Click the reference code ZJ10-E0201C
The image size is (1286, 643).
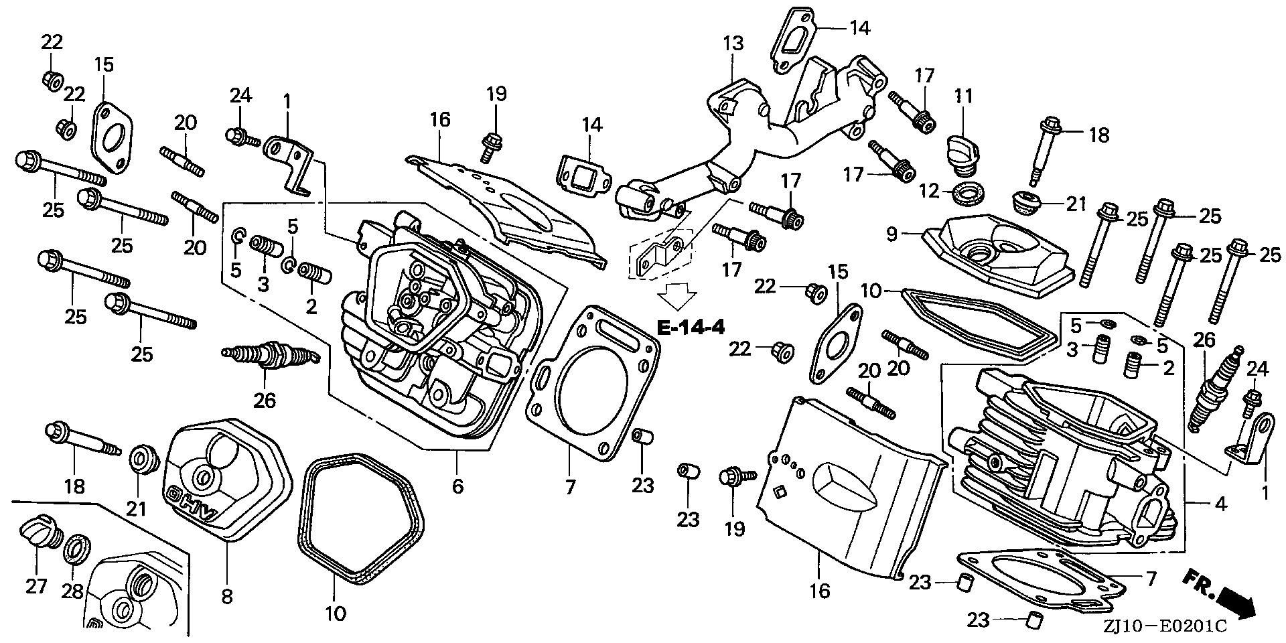click(1166, 627)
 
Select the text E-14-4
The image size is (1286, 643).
click(690, 328)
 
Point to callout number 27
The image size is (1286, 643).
click(37, 586)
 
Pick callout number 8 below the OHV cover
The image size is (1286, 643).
click(227, 596)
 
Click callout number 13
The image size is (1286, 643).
click(733, 44)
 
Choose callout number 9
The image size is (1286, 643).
click(891, 234)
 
